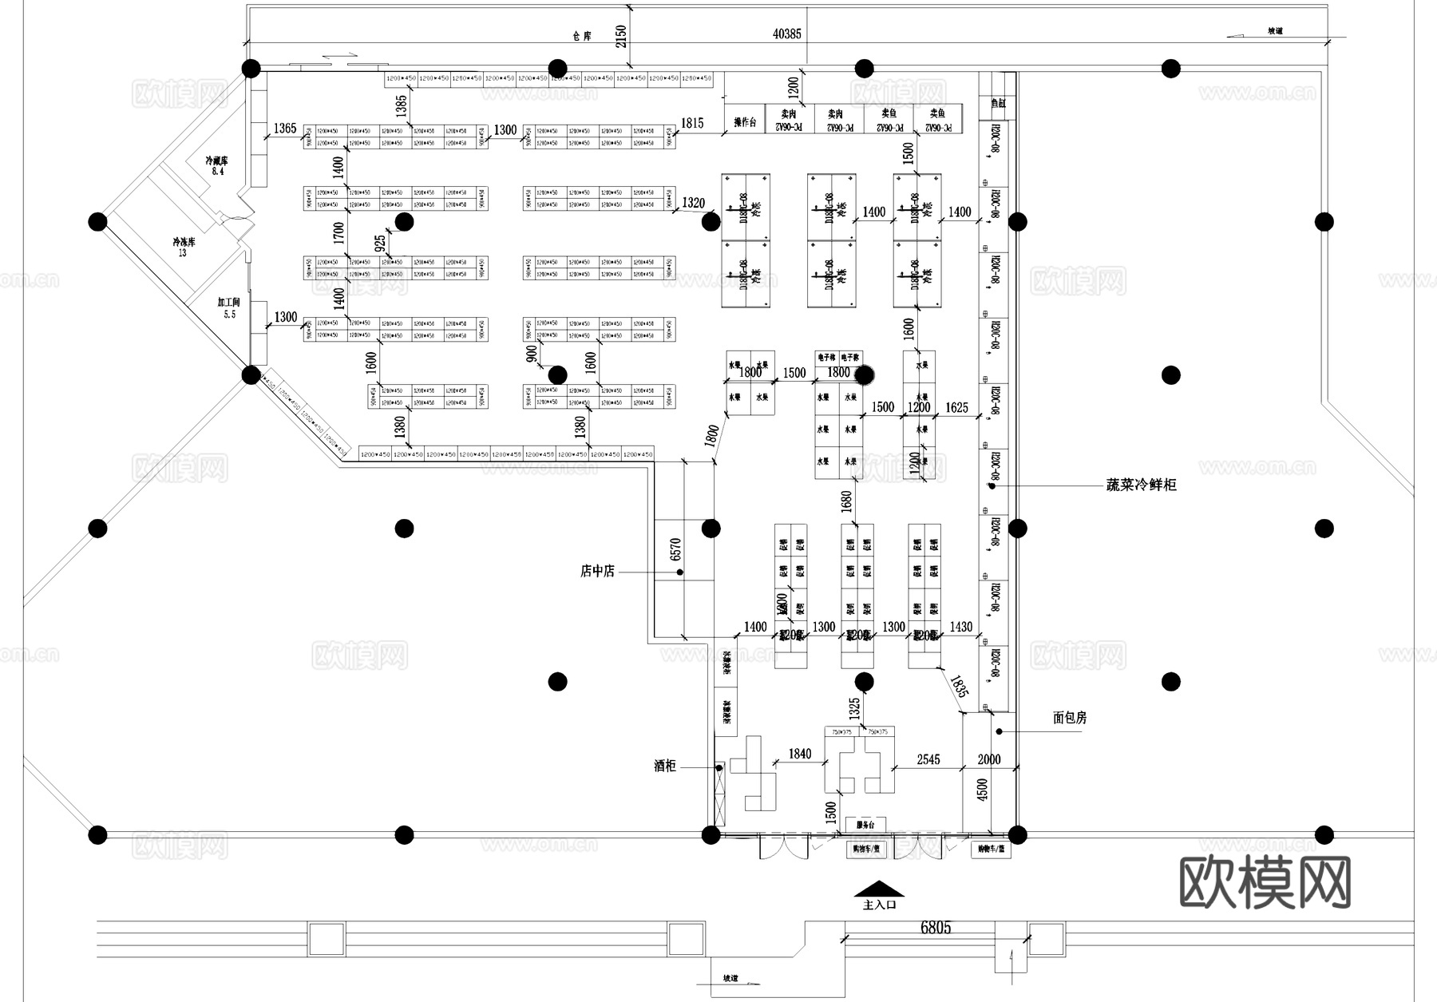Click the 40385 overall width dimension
[x=786, y=34]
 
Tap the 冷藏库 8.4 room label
[x=216, y=165]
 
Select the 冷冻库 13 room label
[x=184, y=247]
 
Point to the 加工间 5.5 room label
[x=229, y=308]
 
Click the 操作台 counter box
[x=744, y=122]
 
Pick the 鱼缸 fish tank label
[x=998, y=103]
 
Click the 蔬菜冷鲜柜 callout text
[x=1141, y=485]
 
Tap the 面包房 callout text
[x=1070, y=718]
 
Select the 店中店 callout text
[x=597, y=571]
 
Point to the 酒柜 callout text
[x=665, y=766]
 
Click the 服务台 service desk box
[x=865, y=825]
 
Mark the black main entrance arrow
[x=879, y=889]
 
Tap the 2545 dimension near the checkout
[x=928, y=759]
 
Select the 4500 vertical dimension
[x=983, y=789]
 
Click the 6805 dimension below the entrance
[x=936, y=927]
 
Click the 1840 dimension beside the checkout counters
[x=799, y=754]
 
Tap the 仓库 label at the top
[x=581, y=37]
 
